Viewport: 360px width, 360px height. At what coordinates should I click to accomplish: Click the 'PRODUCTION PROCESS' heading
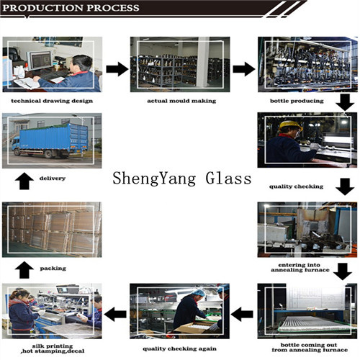click(71, 8)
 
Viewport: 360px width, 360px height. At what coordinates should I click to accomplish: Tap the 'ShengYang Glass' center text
click(182, 179)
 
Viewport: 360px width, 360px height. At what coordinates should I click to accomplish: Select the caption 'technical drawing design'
click(52, 101)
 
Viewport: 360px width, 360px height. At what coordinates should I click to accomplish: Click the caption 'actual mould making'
click(181, 101)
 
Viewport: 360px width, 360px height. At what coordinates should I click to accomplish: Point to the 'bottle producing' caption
click(297, 101)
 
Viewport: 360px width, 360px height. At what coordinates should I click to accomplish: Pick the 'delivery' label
click(53, 179)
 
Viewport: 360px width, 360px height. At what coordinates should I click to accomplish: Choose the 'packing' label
click(53, 269)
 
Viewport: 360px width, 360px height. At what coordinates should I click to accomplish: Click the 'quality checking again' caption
click(179, 348)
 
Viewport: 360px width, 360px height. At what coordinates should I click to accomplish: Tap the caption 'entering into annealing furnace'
click(300, 267)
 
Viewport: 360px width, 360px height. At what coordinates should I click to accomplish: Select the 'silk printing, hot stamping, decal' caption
click(53, 348)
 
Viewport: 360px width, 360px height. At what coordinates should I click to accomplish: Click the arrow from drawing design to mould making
click(117, 69)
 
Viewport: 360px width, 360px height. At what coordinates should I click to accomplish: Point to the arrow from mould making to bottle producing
click(244, 69)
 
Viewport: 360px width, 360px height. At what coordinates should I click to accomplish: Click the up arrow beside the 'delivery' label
click(24, 181)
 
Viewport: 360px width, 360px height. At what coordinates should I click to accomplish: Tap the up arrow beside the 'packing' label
click(24, 270)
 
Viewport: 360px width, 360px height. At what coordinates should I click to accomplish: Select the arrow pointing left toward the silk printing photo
click(115, 314)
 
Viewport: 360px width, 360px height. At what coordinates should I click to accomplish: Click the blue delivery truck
click(50, 141)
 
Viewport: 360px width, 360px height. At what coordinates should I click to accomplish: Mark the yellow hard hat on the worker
click(290, 125)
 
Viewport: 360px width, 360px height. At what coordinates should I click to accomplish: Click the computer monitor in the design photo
click(40, 60)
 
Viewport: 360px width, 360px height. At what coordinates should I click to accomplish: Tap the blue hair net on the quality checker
click(199, 293)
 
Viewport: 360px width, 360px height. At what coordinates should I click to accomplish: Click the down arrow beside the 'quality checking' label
click(345, 186)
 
